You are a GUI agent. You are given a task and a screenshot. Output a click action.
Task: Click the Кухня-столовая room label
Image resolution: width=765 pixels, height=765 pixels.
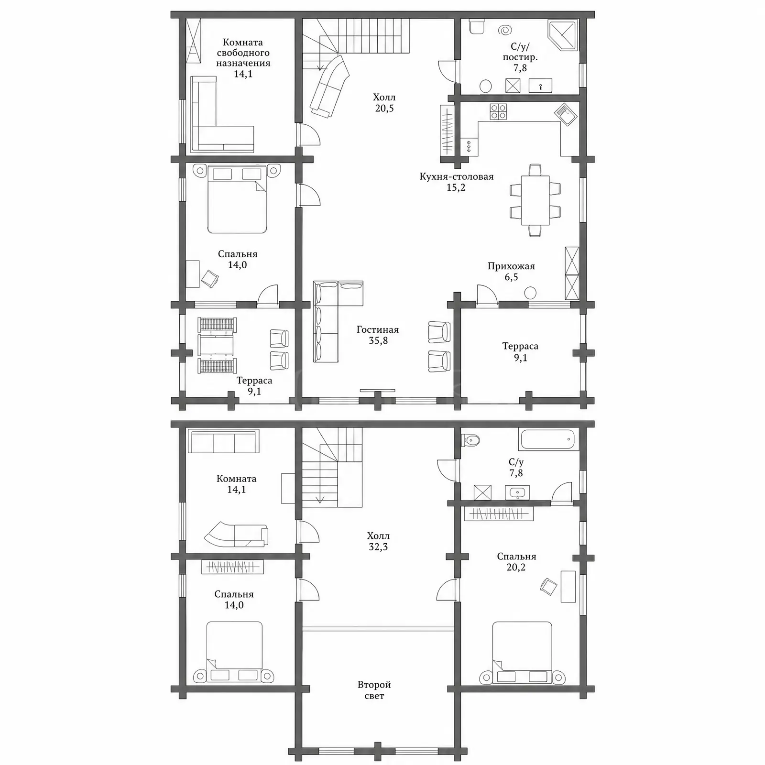456,176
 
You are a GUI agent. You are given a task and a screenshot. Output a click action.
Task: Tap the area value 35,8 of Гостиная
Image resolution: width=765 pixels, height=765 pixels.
378,340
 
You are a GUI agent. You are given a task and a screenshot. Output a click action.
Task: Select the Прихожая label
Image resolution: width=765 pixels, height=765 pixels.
511,266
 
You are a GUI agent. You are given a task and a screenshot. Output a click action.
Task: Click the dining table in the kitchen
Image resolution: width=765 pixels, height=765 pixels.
535,200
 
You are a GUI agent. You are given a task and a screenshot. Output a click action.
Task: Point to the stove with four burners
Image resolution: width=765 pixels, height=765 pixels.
498,112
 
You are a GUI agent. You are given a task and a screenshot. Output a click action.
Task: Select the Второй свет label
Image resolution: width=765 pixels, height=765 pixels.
374,690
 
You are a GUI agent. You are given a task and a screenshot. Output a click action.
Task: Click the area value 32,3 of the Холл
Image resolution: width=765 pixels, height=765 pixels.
378,547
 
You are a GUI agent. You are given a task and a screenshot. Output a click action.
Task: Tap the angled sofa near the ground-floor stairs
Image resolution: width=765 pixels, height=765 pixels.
329,86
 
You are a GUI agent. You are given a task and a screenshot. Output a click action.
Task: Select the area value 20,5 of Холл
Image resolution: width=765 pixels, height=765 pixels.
384,108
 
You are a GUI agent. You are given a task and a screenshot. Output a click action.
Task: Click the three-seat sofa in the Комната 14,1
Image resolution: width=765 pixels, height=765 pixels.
224,441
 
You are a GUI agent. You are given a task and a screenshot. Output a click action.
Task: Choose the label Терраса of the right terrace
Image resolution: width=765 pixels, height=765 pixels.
520,346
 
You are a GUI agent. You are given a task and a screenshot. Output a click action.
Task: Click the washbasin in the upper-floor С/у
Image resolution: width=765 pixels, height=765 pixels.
517,492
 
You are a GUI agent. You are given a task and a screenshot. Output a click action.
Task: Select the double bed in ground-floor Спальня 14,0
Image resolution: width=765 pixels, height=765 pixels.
237,199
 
